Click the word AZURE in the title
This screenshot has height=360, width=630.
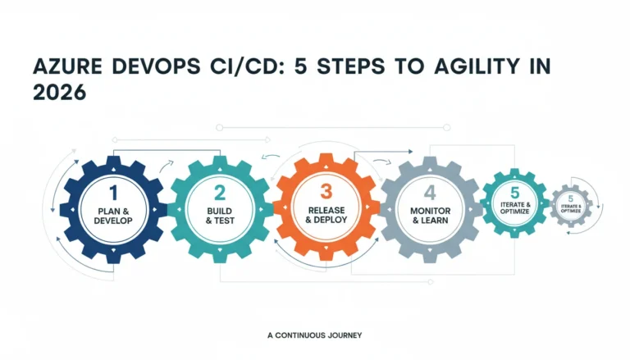coord(67,66)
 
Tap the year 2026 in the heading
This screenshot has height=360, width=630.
coord(59,93)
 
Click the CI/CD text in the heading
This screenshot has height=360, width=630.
coord(245,66)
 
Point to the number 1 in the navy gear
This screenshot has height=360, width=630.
coord(114,193)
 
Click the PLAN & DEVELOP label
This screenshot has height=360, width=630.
coord(113,216)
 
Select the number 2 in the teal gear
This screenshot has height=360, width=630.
coord(220,193)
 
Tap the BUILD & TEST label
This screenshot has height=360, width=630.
coord(220,216)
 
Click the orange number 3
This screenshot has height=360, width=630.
coord(326,192)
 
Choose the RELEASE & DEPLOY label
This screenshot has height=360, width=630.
coord(326,215)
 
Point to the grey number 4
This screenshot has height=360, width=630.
coord(430,193)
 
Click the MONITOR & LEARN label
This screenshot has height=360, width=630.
coord(431,216)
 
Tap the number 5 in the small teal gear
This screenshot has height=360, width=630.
coord(514,193)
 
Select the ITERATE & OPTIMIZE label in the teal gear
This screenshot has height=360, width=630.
coord(514,207)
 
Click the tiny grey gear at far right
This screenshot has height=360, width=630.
coord(571,206)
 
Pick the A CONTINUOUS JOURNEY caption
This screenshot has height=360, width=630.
coord(315,335)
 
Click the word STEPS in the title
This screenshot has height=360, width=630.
coord(351,66)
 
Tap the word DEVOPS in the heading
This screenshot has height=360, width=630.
coord(157,66)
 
